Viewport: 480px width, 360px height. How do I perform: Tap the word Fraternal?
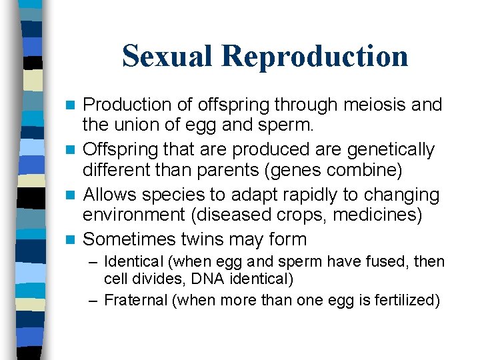(x=137, y=300)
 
